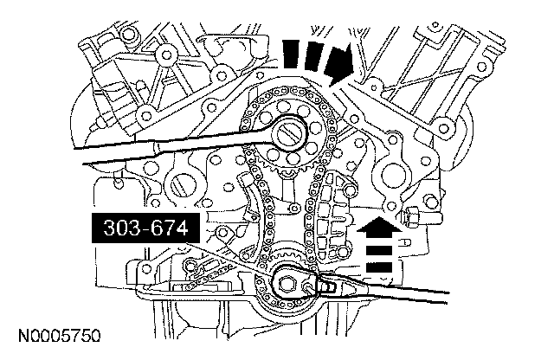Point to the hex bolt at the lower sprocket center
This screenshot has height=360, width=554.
pyautogui.click(x=289, y=281)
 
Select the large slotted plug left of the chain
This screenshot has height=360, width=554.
pyautogui.click(x=184, y=185)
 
